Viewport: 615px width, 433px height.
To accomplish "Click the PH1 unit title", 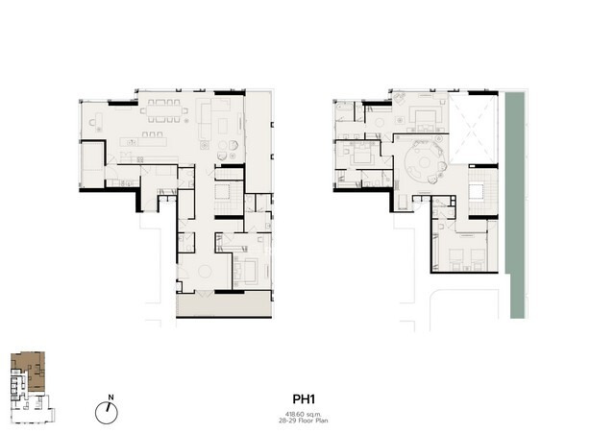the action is pyautogui.click(x=304, y=399).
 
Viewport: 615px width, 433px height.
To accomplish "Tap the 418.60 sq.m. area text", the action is pyautogui.click(x=304, y=414).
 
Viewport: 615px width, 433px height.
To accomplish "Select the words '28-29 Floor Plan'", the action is pyautogui.click(x=304, y=421).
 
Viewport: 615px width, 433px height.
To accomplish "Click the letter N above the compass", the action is pyautogui.click(x=111, y=397).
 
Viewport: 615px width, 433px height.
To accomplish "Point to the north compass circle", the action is pyautogui.click(x=107, y=413).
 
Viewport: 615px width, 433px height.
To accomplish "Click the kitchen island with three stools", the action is pyautogui.click(x=143, y=141).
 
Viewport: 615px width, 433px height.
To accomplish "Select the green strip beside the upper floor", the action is pyautogui.click(x=515, y=204).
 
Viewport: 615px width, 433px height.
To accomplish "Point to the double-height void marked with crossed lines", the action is pyautogui.click(x=473, y=130).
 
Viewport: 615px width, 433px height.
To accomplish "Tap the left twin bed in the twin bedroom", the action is pyautogui.click(x=455, y=258).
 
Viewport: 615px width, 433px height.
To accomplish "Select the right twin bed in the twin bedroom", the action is pyautogui.click(x=479, y=258).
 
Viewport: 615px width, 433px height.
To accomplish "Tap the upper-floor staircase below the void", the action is pyautogui.click(x=482, y=192).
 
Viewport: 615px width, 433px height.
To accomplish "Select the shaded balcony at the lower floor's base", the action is pyautogui.click(x=224, y=304).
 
